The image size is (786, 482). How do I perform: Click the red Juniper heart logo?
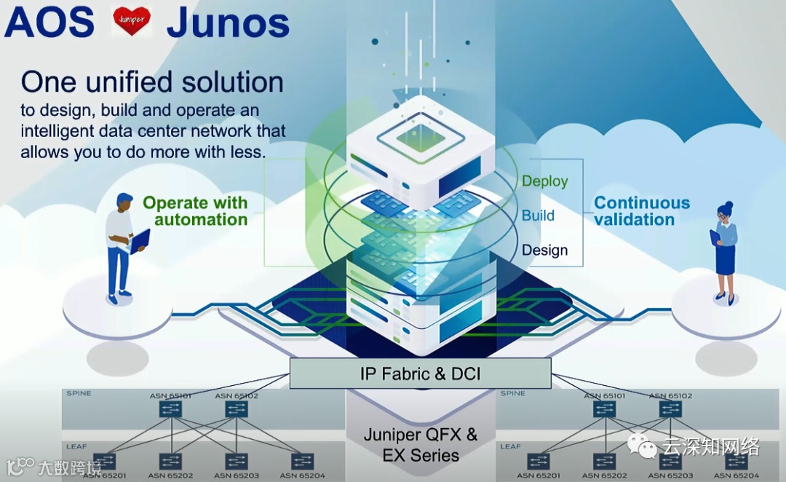click(x=132, y=21)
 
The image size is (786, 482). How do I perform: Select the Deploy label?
click(x=544, y=181)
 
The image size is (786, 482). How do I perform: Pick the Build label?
click(x=538, y=216)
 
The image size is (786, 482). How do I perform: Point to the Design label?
click(x=544, y=250)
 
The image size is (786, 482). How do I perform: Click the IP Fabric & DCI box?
click(x=420, y=374)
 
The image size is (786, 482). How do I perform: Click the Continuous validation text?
click(x=642, y=211)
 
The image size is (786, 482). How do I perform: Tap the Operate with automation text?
click(x=195, y=211)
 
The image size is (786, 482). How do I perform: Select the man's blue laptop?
click(x=140, y=240)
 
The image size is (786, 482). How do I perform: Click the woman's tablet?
click(x=715, y=237)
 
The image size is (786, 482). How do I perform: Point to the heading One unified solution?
click(x=152, y=82)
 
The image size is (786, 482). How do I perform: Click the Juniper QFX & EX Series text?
click(x=421, y=445)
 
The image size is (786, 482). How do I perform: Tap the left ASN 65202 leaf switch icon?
click(x=170, y=462)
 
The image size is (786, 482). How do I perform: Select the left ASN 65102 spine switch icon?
click(x=236, y=409)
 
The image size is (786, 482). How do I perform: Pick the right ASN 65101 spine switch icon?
click(x=604, y=409)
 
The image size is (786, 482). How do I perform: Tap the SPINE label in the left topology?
click(x=79, y=393)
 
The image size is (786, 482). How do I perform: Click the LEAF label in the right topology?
click(x=510, y=446)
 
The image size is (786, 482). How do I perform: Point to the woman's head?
click(x=724, y=211)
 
